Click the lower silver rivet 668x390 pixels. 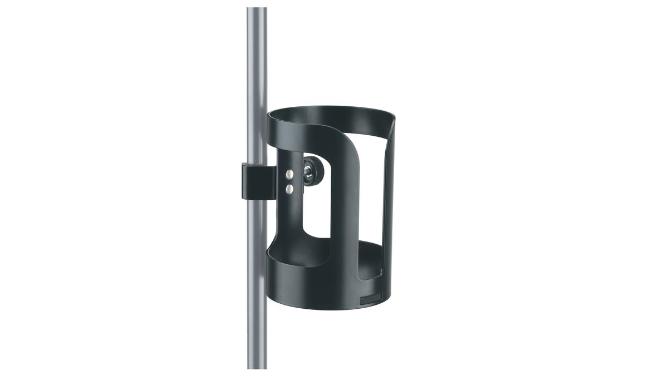tap(289, 189)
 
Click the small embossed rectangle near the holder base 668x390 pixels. tap(372, 299)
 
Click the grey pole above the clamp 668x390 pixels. tap(256, 83)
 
